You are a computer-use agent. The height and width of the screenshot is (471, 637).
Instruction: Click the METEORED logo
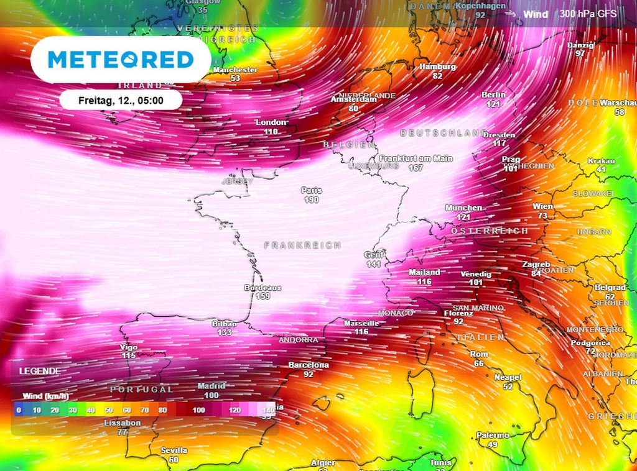(x=121, y=60)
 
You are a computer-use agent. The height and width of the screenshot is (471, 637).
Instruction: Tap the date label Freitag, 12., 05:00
(x=121, y=100)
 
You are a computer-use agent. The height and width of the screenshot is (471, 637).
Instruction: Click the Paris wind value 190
(x=311, y=200)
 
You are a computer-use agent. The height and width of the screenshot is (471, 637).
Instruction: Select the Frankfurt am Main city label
(x=416, y=158)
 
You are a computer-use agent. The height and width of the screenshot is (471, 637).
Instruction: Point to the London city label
(x=271, y=122)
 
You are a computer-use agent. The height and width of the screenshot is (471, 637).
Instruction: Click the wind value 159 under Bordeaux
(x=263, y=297)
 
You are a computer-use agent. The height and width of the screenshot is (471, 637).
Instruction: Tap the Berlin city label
(x=493, y=95)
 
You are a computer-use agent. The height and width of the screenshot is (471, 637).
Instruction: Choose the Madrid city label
(x=212, y=386)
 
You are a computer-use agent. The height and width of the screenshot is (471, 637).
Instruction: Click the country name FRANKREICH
(x=303, y=245)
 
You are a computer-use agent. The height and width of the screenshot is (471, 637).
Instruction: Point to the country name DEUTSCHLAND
(x=444, y=133)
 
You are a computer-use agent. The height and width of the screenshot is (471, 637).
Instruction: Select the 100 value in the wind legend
(x=198, y=410)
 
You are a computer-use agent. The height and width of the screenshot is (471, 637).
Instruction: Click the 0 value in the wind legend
(x=19, y=410)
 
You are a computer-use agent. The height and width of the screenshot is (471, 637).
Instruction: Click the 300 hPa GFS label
(x=587, y=14)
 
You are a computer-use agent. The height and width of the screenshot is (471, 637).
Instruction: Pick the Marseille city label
(x=361, y=323)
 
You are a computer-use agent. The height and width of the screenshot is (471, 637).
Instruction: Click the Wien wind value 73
(x=542, y=216)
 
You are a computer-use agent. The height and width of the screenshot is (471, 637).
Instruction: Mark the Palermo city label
(x=493, y=436)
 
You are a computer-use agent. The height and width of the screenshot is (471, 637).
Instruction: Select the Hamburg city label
(x=437, y=66)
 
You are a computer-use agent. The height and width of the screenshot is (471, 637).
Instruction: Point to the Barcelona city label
(x=309, y=365)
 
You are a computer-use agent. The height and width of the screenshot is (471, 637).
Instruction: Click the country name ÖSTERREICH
(x=489, y=231)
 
